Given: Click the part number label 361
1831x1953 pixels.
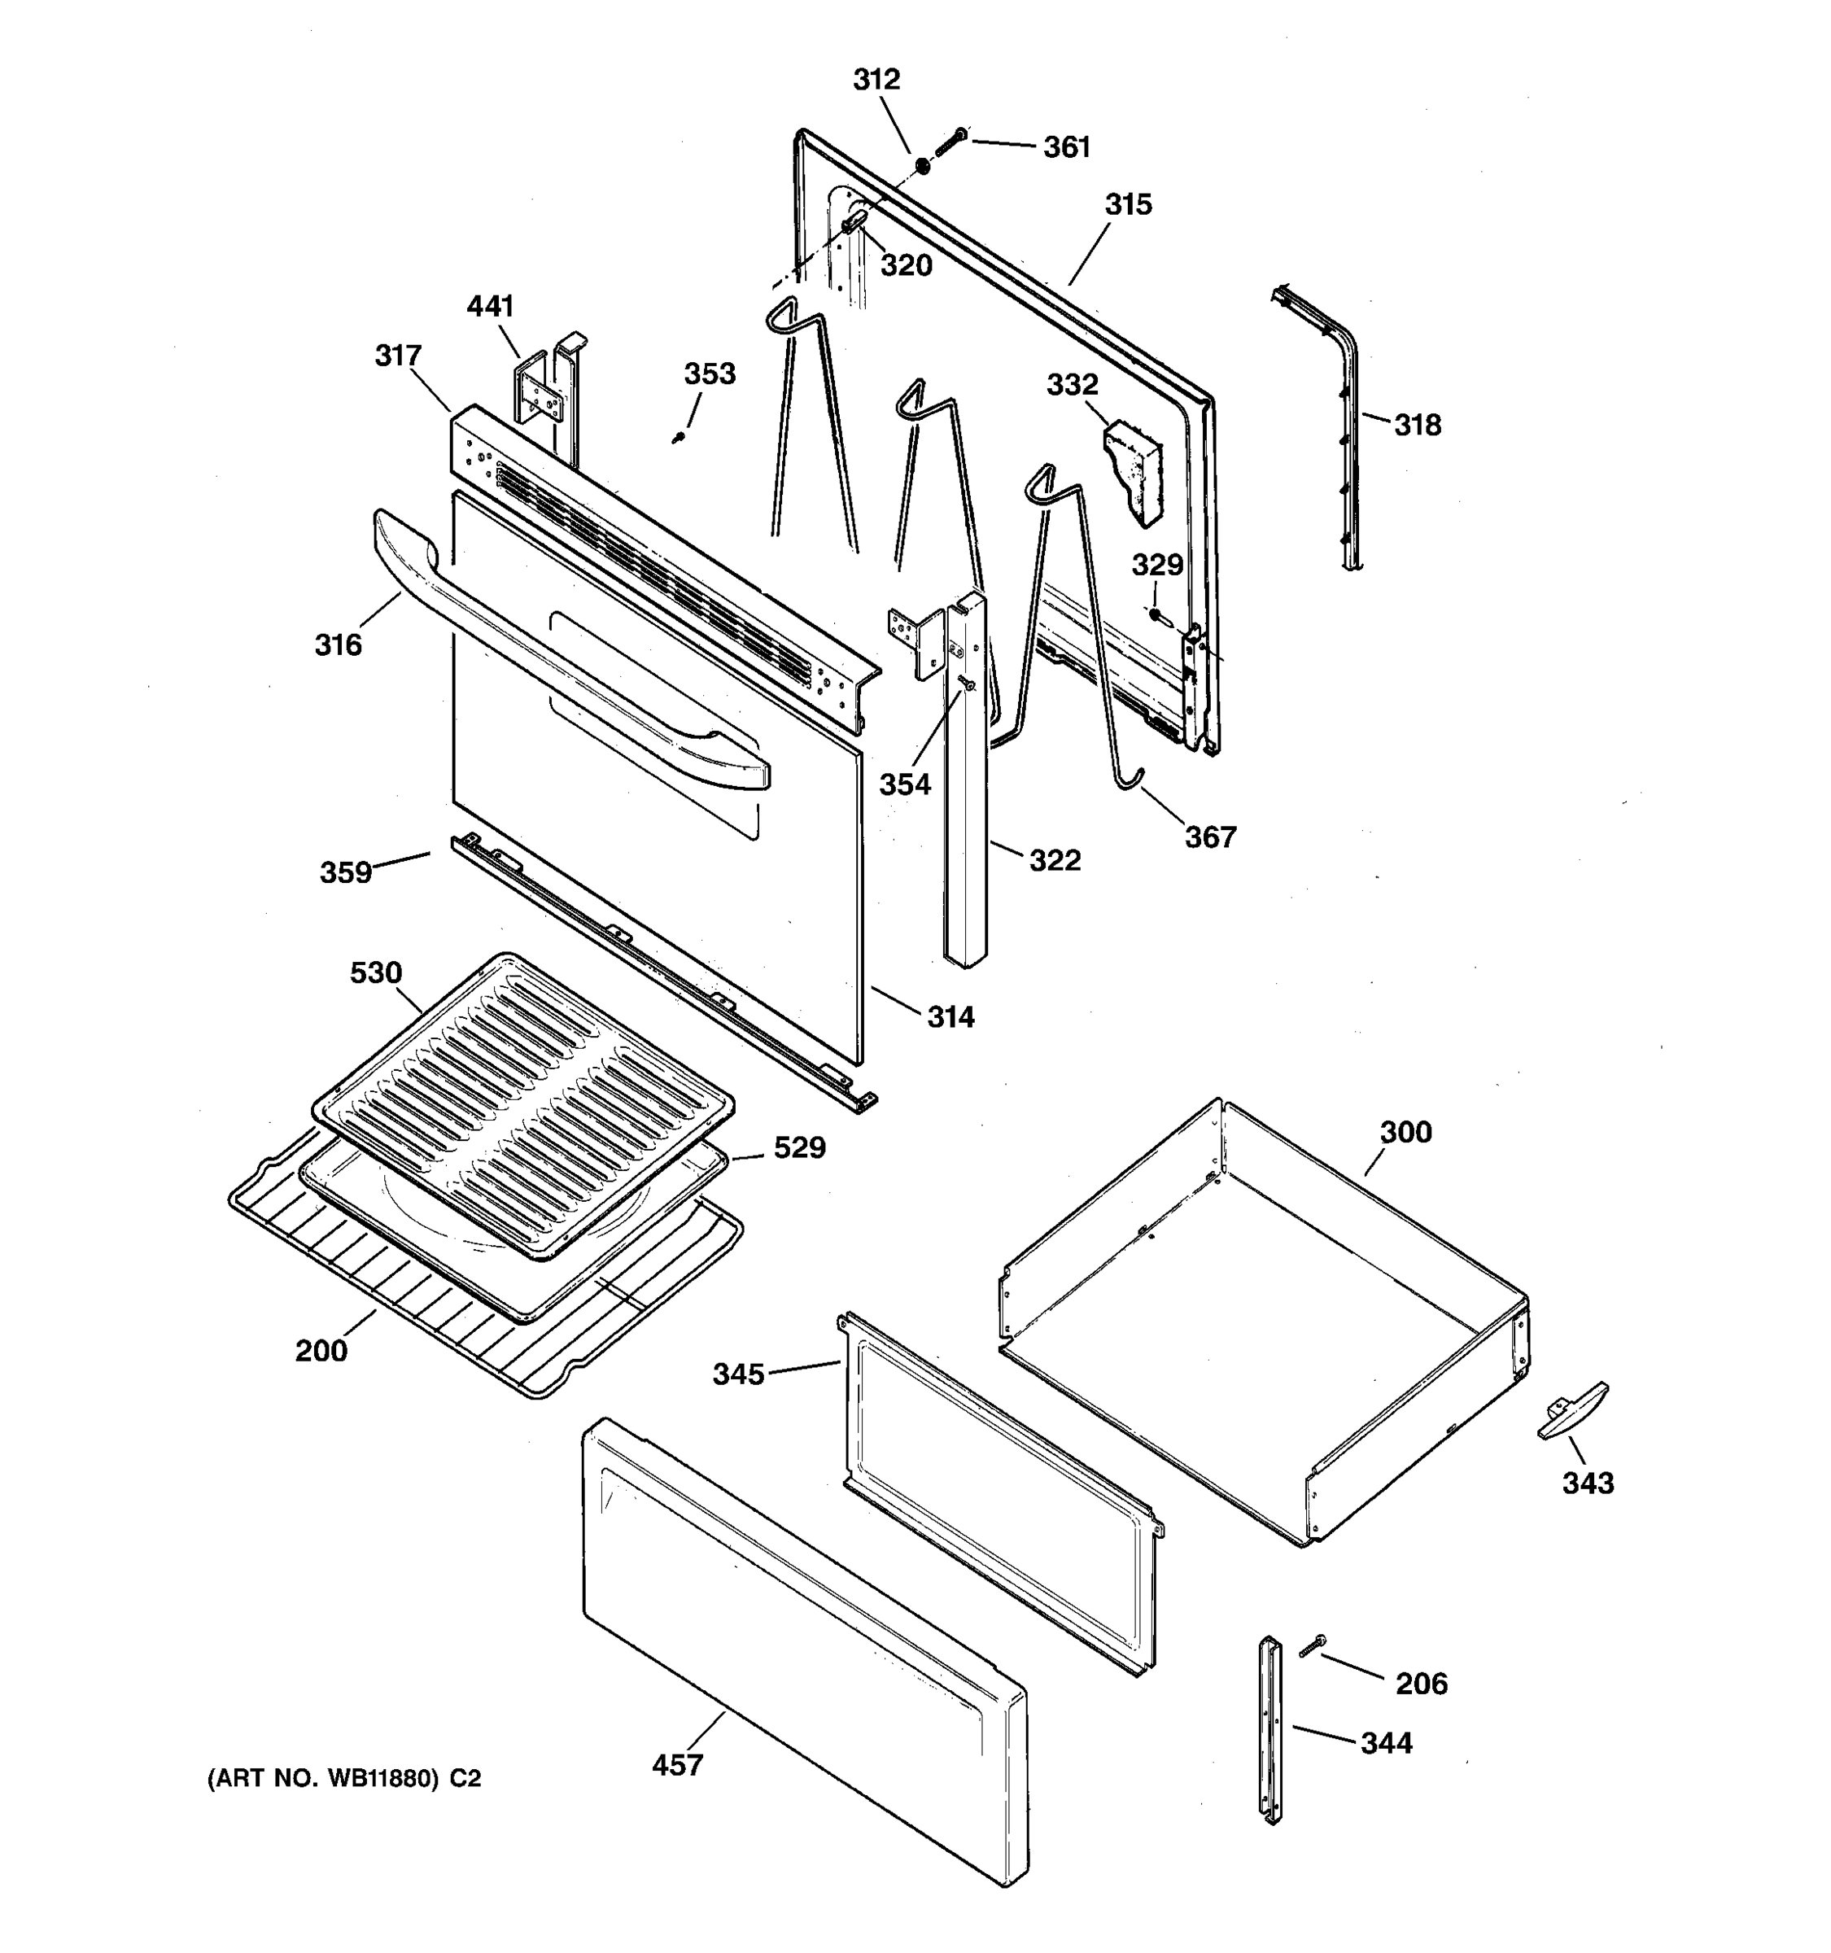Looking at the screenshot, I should point(1067,147).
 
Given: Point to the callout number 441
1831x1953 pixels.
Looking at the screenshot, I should point(490,307).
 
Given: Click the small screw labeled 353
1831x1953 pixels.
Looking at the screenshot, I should point(678,437).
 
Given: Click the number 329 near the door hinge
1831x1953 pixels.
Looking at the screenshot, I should point(1157,565).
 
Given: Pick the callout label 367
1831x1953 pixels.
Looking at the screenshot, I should point(1210,837).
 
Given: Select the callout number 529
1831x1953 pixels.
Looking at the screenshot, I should point(800,1147).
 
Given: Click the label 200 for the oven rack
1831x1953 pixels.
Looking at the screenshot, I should point(321,1351).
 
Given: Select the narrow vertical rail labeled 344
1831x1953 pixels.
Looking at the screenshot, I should point(1271,1729).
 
